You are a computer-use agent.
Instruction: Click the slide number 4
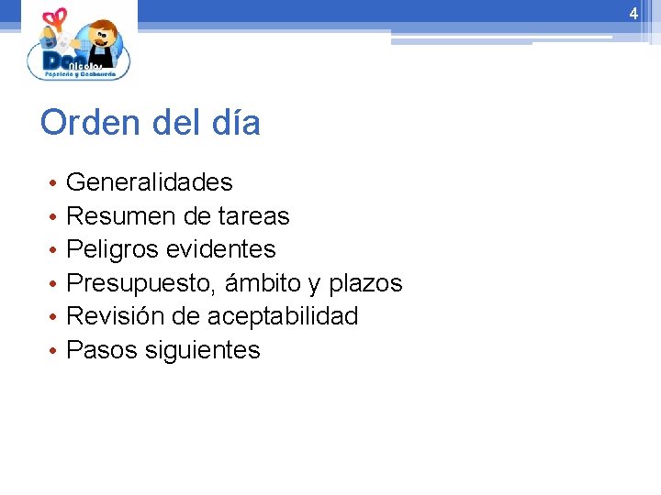pos(633,14)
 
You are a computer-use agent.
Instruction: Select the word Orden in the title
pos(84,123)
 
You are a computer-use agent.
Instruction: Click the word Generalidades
pos(150,182)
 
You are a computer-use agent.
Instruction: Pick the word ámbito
pos(266,283)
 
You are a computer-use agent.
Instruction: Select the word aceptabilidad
pos(283,316)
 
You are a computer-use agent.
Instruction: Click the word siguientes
pos(203,350)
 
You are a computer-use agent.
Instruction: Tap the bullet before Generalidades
pos(54,183)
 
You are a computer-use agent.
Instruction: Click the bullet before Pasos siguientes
pos(54,351)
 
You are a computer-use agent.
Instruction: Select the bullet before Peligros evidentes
pos(54,250)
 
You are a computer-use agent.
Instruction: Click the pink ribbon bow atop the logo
pos(56,17)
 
